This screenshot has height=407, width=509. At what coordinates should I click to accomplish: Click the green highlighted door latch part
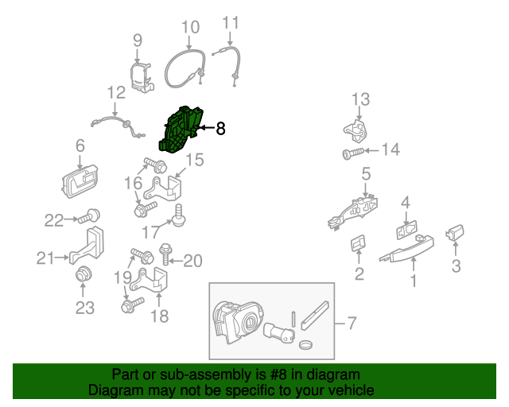181,129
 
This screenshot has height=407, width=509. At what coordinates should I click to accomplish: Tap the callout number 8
221,127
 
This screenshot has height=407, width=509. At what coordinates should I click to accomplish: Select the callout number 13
361,99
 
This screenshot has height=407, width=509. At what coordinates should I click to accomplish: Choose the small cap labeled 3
456,233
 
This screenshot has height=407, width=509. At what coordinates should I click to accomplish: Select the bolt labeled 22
91,215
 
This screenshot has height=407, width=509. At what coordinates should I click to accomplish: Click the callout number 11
230,21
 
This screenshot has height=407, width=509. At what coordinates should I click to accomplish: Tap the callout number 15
195,161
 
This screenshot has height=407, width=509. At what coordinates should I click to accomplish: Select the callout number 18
160,316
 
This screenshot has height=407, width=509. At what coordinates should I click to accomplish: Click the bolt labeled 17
180,214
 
